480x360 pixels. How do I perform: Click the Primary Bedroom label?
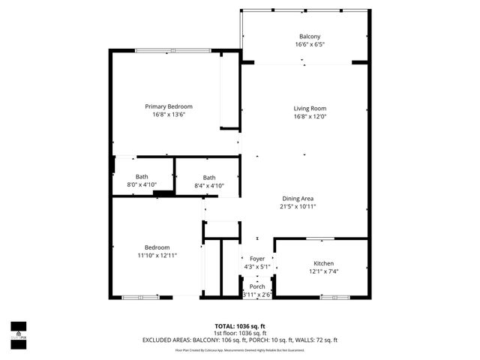(169, 106)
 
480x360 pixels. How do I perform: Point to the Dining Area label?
(298, 198)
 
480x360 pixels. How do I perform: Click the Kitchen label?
(324, 263)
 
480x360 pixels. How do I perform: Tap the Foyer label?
(257, 258)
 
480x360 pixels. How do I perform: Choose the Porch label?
(257, 286)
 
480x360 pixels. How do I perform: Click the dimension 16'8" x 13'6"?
(169, 115)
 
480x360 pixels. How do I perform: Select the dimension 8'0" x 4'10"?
(142, 184)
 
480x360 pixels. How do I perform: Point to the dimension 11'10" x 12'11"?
(157, 255)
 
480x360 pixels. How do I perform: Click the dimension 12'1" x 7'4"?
(324, 271)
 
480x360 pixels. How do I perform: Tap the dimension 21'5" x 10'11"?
(298, 206)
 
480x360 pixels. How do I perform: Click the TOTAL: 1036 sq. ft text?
(240, 326)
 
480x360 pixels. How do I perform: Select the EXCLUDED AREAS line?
(240, 340)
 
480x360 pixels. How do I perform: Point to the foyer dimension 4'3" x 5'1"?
(257, 266)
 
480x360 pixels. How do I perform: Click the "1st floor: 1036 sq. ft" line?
(240, 333)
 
